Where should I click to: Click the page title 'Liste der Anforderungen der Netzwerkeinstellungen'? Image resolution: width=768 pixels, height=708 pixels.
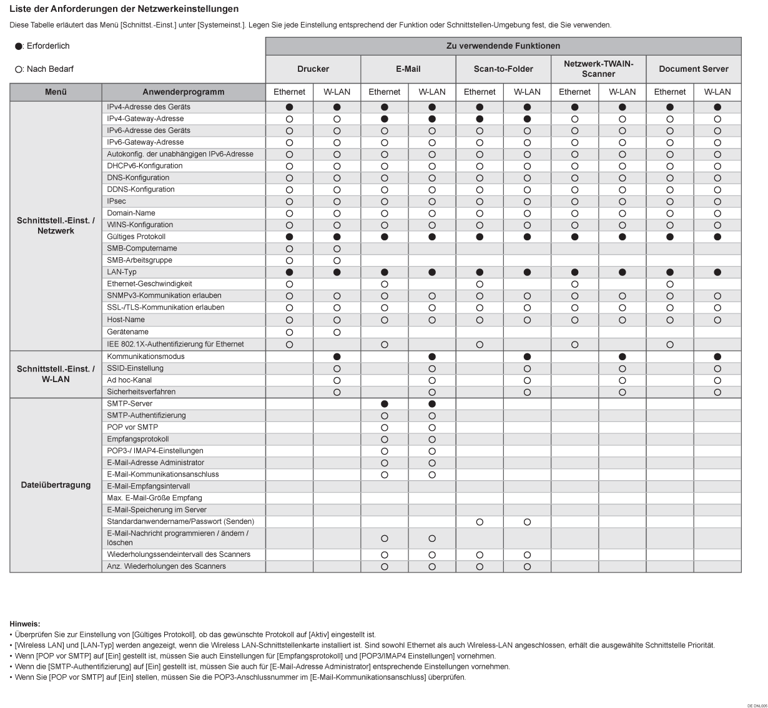124,9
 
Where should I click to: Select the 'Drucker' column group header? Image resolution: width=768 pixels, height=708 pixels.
313,69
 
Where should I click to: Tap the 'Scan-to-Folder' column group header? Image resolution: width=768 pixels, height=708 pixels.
503,69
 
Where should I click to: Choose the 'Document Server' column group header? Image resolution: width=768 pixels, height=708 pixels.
693,69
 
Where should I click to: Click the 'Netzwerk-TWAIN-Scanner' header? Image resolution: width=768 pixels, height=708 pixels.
598,69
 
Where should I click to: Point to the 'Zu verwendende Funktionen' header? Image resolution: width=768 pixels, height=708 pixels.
503,46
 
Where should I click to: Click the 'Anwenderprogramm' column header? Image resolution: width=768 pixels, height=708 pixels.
183,92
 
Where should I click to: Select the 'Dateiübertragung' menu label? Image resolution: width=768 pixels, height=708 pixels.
56,485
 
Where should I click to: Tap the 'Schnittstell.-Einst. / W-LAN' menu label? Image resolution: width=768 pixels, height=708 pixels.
56,374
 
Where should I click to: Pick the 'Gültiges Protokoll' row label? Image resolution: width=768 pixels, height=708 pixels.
136,237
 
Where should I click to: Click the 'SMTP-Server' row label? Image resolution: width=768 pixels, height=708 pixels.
130,404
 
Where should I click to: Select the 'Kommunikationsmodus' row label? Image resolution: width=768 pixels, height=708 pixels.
145,356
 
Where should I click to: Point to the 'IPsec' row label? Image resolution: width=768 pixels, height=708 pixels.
116,202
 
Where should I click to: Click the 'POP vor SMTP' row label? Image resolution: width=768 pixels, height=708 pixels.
132,428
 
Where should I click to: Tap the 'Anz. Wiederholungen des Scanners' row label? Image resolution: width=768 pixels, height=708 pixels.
166,566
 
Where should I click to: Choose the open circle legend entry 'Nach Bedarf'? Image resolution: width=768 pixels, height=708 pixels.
44,69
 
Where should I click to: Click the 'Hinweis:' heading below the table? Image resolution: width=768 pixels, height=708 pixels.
25,624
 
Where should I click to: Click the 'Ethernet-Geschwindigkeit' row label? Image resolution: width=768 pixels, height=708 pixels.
149,284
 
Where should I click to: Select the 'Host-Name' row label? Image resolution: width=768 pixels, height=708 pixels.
126,320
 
